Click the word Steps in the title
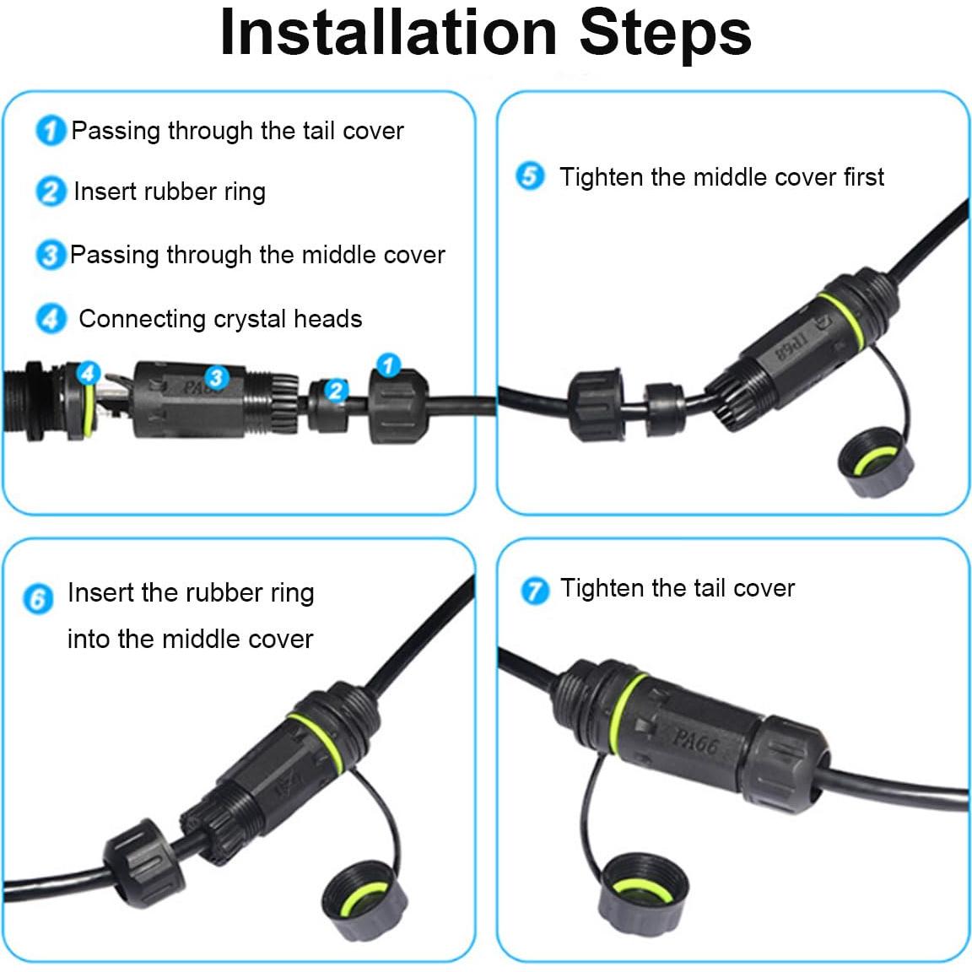pyautogui.click(x=665, y=34)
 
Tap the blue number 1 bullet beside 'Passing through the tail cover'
pyautogui.click(x=51, y=131)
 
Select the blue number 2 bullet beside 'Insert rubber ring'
pyautogui.click(x=51, y=192)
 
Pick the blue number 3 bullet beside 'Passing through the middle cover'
pyautogui.click(x=51, y=255)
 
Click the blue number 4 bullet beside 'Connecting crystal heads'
pyautogui.click(x=51, y=319)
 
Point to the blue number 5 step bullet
pyautogui.click(x=530, y=177)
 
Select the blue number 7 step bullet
pyautogui.click(x=534, y=590)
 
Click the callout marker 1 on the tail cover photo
pyautogui.click(x=387, y=365)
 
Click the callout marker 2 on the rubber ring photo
pyautogui.click(x=336, y=390)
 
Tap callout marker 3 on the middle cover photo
pyautogui.click(x=216, y=377)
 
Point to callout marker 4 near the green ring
pyautogui.click(x=88, y=371)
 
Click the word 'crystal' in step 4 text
pyautogui.click(x=252, y=319)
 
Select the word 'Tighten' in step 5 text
pyautogui.click(x=602, y=177)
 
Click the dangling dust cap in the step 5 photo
pyautogui.click(x=875, y=460)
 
